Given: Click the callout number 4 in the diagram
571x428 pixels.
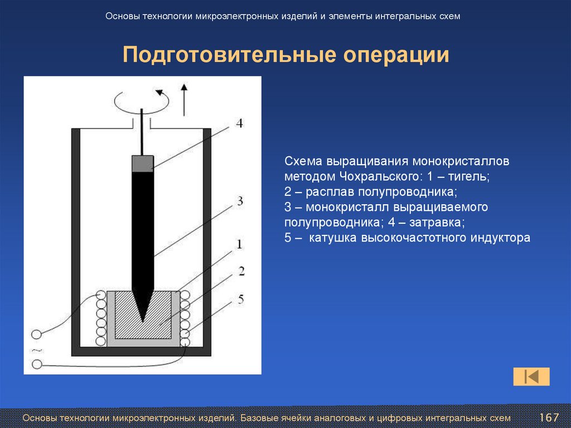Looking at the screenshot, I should pos(239,123).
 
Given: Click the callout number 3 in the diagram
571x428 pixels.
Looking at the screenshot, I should pos(239,201).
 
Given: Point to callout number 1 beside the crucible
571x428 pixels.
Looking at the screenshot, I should pos(239,244).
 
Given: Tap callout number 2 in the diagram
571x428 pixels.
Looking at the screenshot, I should pos(241,271).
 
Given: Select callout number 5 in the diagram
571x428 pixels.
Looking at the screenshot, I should pos(240,300).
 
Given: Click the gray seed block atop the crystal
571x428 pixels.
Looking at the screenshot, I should pos(142,163).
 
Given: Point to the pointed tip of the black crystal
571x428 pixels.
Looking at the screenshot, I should pos(143,319).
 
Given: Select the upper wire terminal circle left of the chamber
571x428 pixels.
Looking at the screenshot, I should pos(36,334).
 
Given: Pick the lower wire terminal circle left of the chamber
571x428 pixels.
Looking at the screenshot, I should pos(36,364).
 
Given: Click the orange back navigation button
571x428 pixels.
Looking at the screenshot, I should pos(531,377).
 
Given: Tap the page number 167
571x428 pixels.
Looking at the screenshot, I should pos(549,417).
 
